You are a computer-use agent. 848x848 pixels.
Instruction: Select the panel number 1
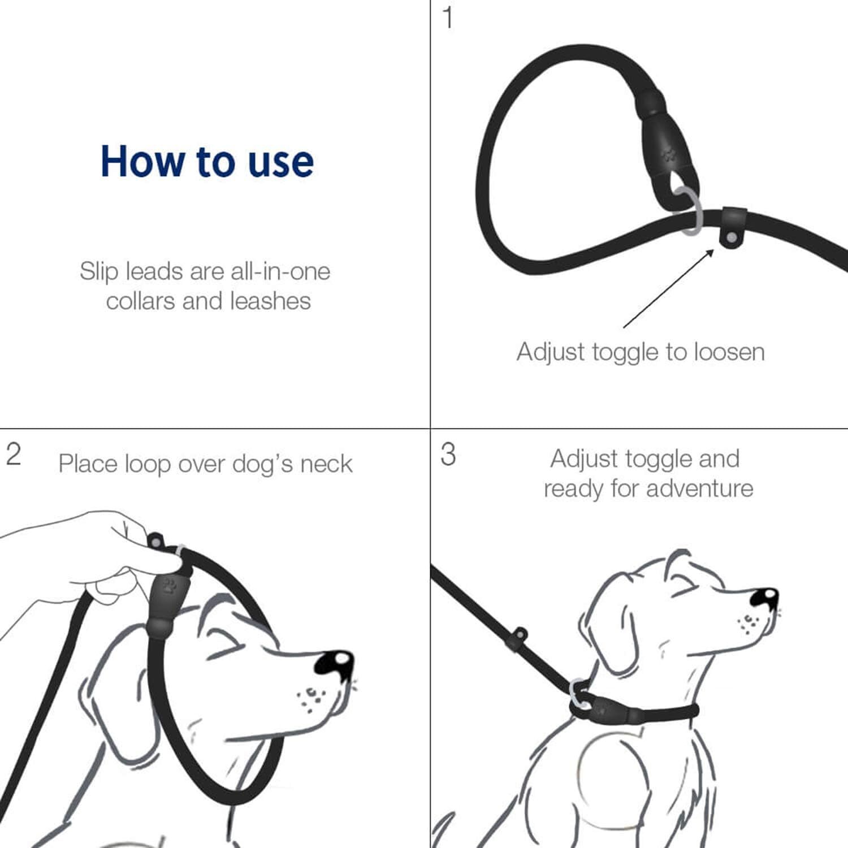click(447, 18)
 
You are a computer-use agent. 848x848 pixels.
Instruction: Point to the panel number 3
click(448, 455)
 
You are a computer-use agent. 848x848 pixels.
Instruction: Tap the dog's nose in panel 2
click(335, 663)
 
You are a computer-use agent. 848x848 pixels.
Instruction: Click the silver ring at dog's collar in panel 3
click(578, 693)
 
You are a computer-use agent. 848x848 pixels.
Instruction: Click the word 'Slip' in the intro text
click(99, 272)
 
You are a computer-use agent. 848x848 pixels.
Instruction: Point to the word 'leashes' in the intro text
click(271, 301)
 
